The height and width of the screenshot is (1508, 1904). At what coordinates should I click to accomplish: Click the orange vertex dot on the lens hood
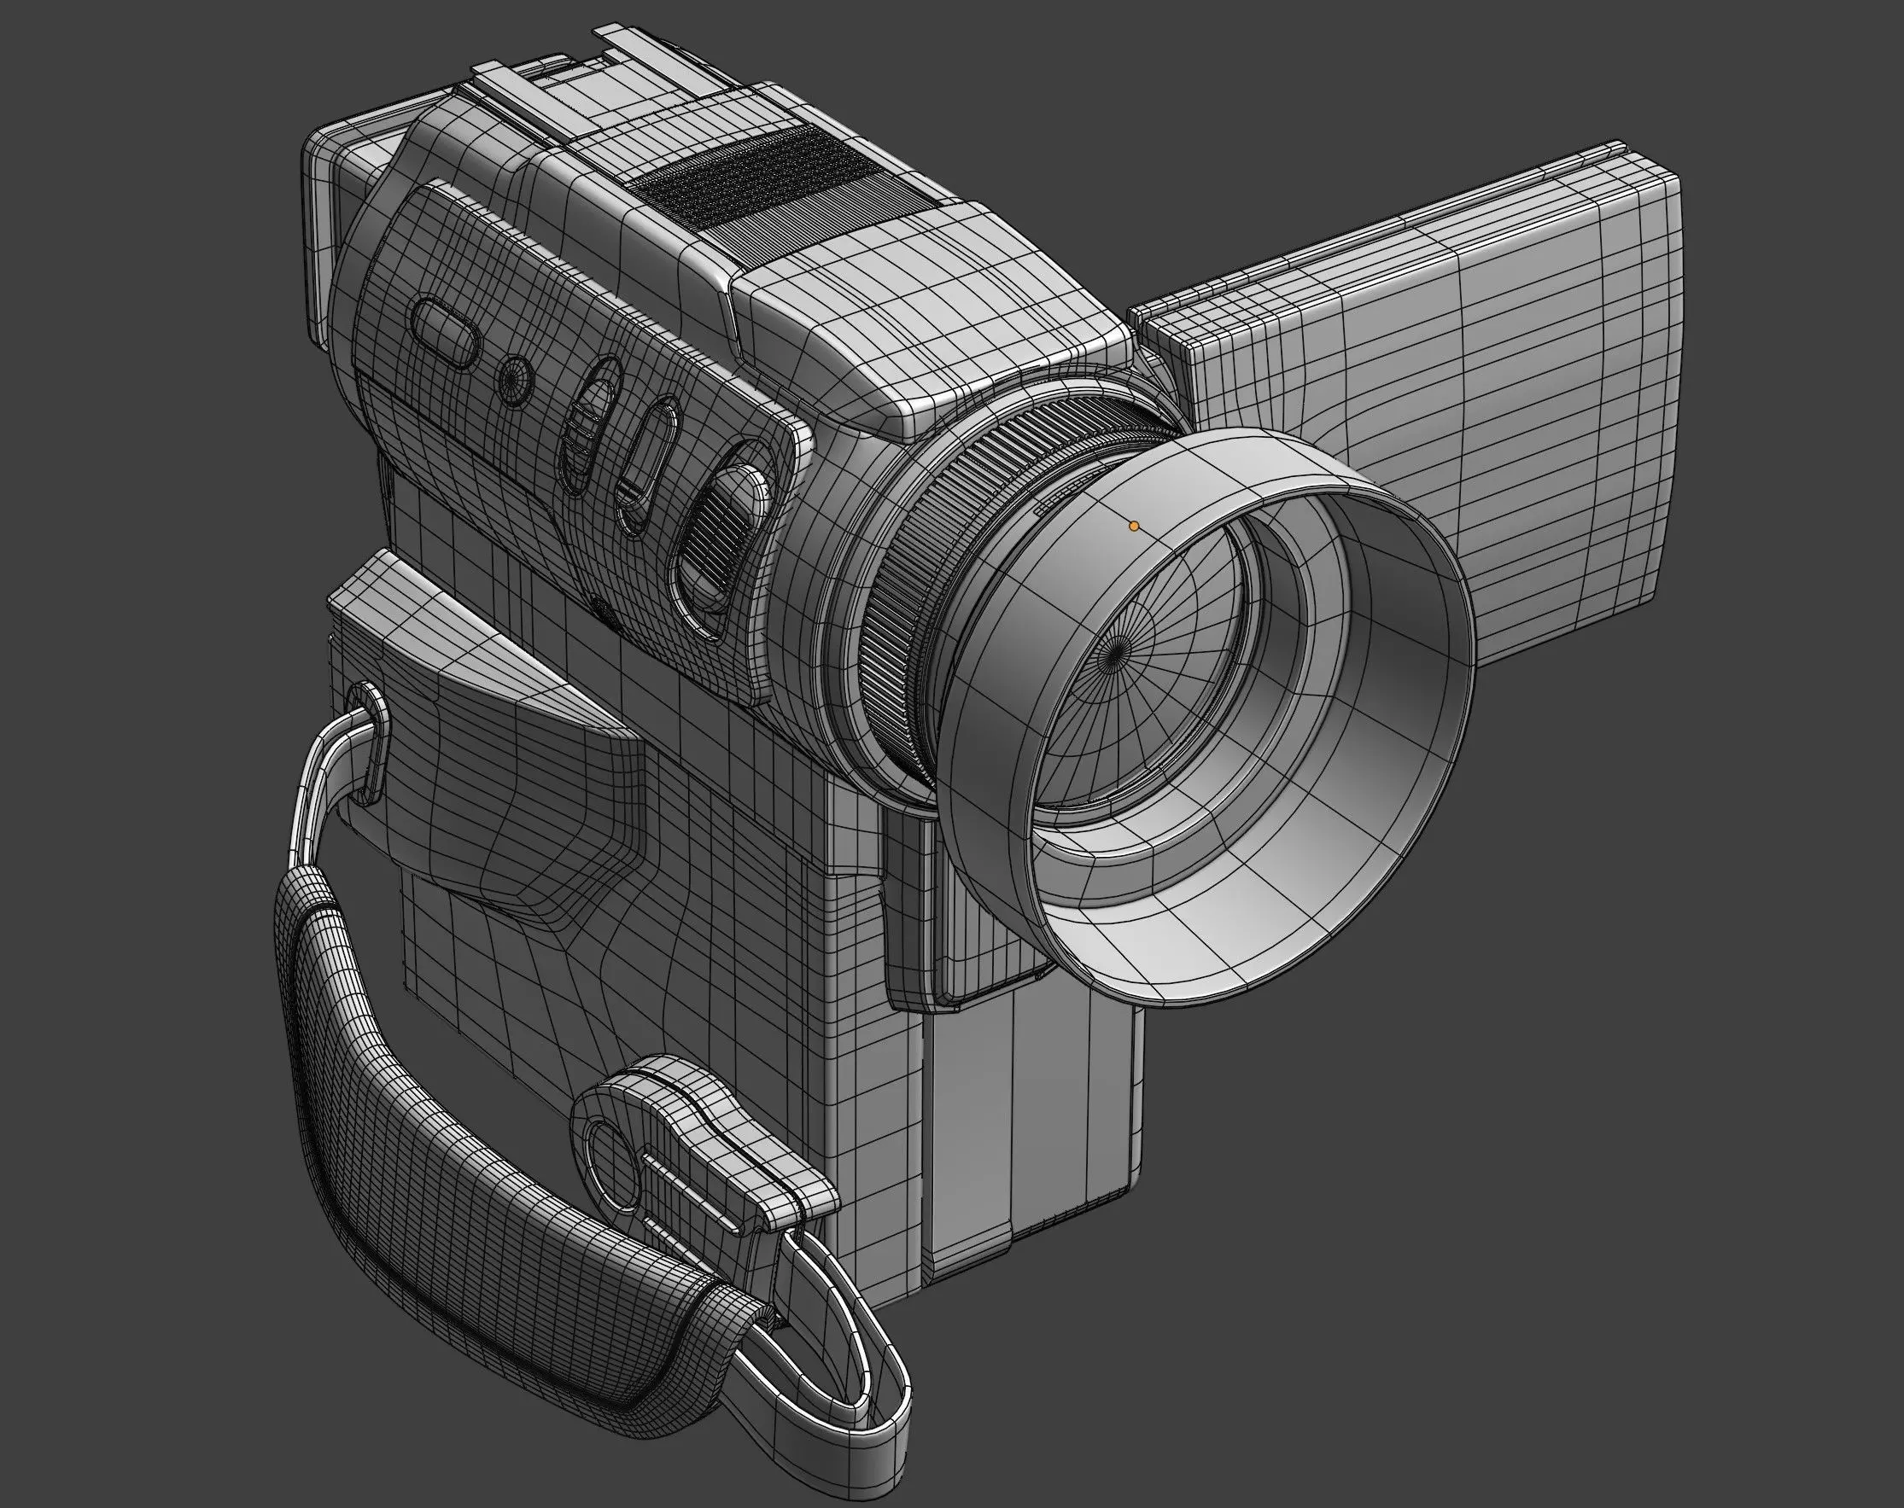[1134, 527]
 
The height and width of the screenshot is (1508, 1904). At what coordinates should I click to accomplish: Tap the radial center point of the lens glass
[1116, 655]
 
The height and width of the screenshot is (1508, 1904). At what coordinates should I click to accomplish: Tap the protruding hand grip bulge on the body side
[494, 750]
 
